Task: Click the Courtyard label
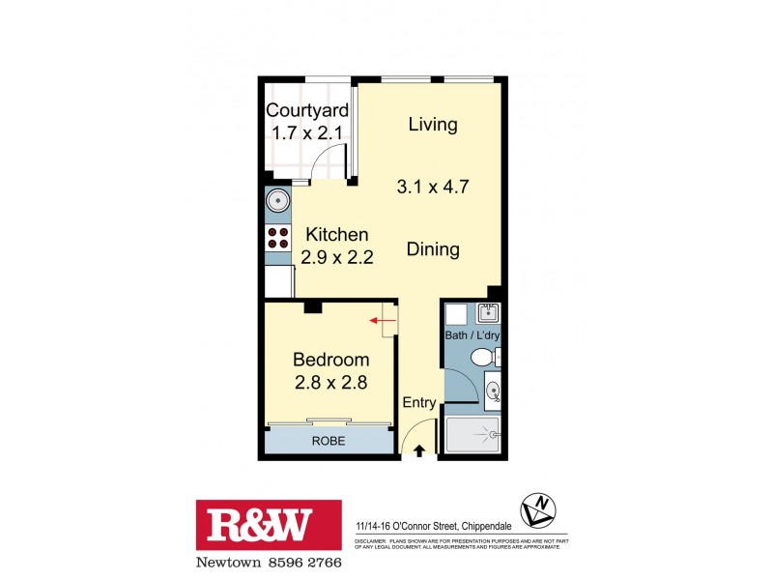(x=307, y=110)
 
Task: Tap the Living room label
(x=432, y=124)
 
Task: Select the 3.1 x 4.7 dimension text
(x=434, y=187)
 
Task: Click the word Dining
(x=432, y=249)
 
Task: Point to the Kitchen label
(x=337, y=234)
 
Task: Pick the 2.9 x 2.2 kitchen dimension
(x=337, y=257)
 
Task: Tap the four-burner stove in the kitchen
(x=278, y=238)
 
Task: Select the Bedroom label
(x=331, y=360)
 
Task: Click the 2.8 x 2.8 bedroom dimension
(x=331, y=383)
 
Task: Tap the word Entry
(x=419, y=403)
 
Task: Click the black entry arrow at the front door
(x=418, y=449)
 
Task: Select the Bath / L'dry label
(x=471, y=336)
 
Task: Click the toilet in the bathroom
(x=482, y=359)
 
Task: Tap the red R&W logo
(x=269, y=526)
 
